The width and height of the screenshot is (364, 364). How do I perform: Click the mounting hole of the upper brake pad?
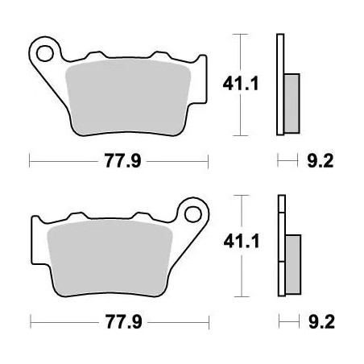point(45,52)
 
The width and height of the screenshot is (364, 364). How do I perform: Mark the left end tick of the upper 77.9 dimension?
point(30,161)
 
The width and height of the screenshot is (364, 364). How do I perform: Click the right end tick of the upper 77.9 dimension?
point(208,161)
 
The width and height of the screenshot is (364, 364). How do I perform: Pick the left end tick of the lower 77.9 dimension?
point(30,321)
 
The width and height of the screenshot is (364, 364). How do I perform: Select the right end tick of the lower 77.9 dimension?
point(208,321)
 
